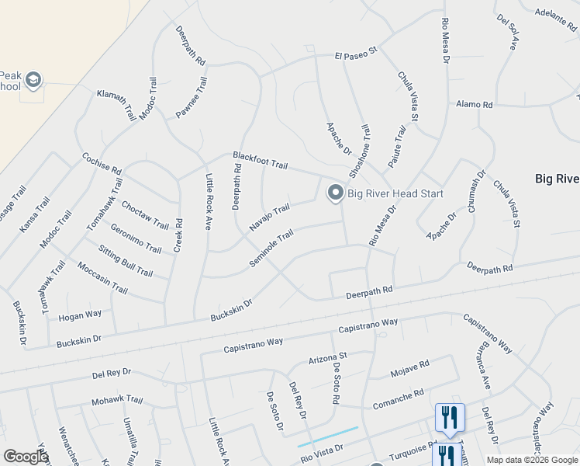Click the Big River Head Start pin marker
click(x=335, y=192)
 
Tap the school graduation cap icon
click(x=33, y=79)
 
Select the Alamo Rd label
click(x=475, y=104)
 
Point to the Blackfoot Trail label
click(x=261, y=161)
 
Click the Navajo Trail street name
click(x=269, y=217)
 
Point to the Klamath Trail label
click(x=116, y=103)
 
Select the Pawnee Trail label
click(x=192, y=97)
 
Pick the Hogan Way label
click(x=81, y=315)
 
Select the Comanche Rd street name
click(x=397, y=398)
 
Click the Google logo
click(x=26, y=457)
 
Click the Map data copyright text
click(x=531, y=460)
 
